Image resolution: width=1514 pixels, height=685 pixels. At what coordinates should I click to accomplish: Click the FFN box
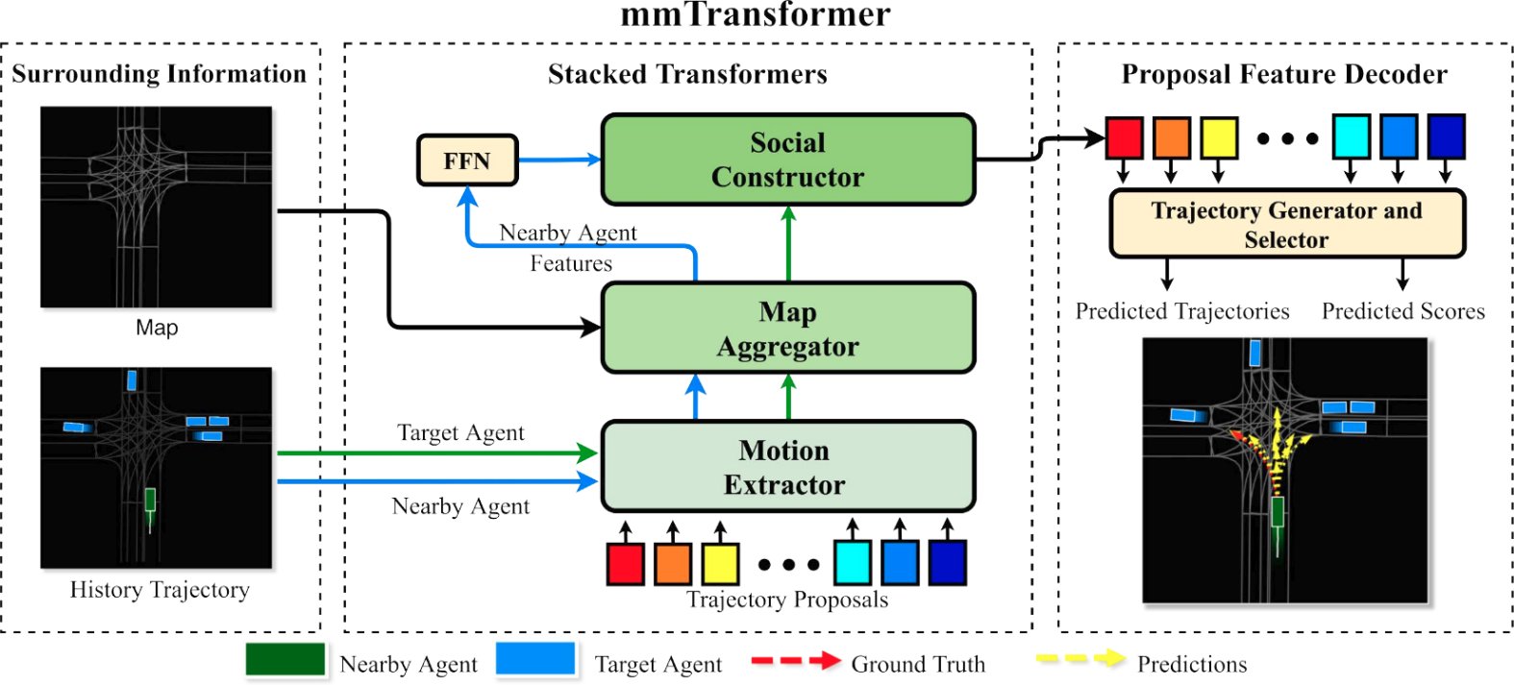click(x=467, y=160)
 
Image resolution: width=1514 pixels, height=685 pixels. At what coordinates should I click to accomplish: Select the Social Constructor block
click(x=787, y=159)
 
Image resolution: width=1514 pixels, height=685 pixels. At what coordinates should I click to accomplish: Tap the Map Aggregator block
click(x=787, y=329)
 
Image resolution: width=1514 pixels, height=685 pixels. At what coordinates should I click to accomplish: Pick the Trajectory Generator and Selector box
click(x=1286, y=224)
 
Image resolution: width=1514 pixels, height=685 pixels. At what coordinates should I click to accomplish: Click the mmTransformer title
click(x=756, y=14)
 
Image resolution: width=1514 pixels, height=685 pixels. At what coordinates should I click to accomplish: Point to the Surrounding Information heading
click(x=159, y=74)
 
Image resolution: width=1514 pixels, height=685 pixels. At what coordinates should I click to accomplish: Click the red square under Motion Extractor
click(x=625, y=564)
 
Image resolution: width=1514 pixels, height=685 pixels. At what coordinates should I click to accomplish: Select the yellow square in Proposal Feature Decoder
click(x=1218, y=137)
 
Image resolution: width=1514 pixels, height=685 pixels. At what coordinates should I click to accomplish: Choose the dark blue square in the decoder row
click(x=1445, y=137)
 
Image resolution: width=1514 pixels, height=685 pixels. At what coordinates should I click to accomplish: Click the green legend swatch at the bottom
click(x=285, y=660)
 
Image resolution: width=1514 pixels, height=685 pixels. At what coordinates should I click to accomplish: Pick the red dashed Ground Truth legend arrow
click(x=795, y=661)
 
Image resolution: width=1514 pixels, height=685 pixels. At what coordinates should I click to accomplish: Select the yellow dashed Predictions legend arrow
click(x=1080, y=659)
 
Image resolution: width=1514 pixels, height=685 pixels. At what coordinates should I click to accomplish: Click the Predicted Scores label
click(x=1402, y=311)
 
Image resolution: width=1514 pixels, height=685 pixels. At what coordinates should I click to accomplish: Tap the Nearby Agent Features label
click(x=569, y=248)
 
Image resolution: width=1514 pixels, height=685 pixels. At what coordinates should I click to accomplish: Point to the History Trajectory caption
click(x=160, y=590)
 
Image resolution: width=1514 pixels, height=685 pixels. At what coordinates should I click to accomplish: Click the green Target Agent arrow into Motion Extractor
click(x=437, y=453)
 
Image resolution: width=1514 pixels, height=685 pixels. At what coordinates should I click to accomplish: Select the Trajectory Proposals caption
click(x=787, y=599)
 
